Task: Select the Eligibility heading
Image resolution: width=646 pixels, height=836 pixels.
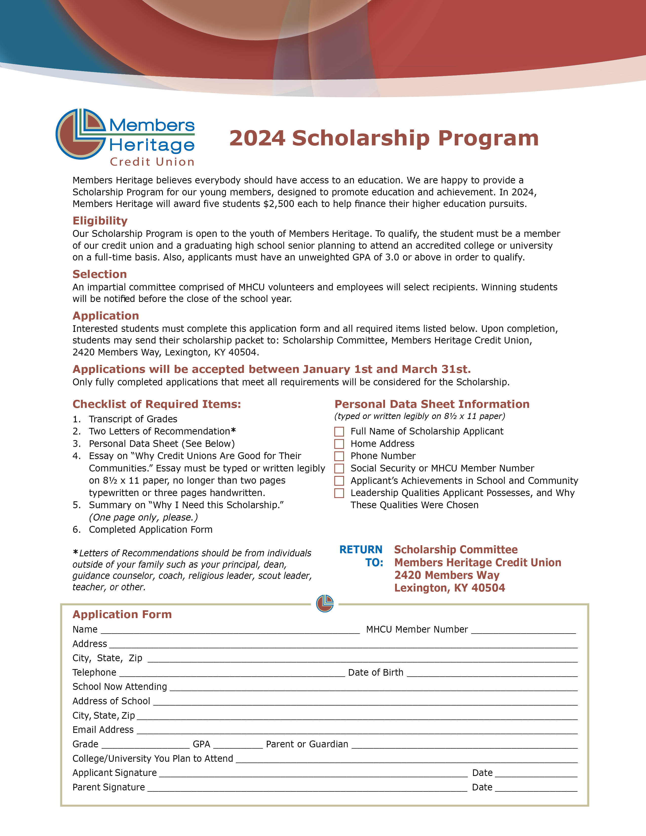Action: coord(100,221)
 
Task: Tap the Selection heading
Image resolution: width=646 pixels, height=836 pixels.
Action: coord(100,274)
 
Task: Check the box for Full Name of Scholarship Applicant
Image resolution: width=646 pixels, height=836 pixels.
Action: coord(339,432)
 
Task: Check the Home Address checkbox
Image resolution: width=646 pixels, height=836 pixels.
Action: coord(339,444)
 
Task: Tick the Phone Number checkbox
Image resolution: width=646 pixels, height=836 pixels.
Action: coord(339,456)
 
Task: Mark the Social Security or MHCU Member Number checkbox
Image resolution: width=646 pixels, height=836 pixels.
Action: coord(339,468)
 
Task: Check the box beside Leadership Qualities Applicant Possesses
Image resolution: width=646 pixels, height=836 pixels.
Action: coord(339,493)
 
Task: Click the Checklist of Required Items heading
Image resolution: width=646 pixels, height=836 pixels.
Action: coord(157,404)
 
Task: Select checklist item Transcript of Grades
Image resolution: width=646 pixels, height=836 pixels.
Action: coord(133,419)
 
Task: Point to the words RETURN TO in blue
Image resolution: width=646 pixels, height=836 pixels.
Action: coord(361,556)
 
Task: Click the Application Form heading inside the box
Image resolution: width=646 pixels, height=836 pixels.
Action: coord(122,614)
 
